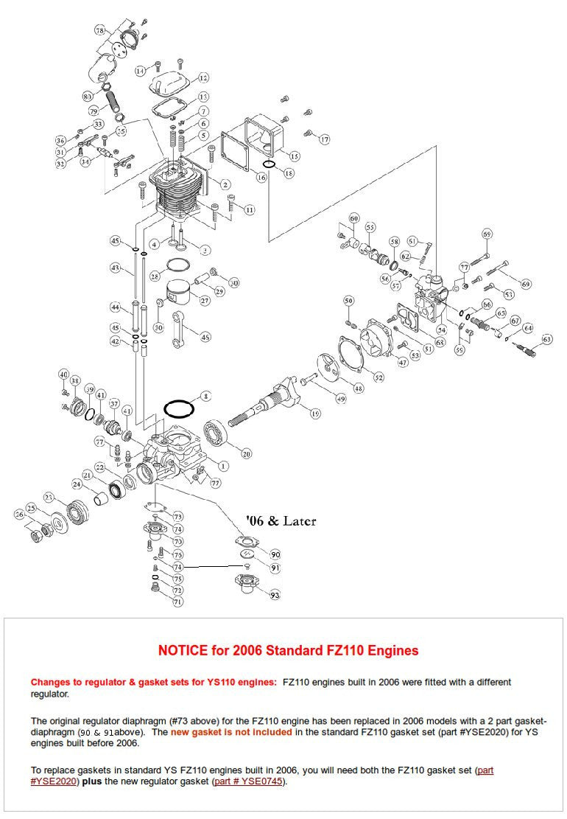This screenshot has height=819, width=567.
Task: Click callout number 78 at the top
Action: (x=100, y=30)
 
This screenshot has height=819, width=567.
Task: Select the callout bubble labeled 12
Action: (x=203, y=77)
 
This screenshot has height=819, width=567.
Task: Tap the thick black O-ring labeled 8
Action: (x=178, y=408)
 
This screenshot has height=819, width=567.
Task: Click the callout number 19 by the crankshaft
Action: (x=315, y=414)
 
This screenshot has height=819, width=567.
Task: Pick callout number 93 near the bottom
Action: (x=275, y=595)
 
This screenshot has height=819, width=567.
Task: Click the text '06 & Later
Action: (x=281, y=521)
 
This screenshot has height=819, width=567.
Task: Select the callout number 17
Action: (x=324, y=139)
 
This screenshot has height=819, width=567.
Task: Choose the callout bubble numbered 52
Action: (x=378, y=377)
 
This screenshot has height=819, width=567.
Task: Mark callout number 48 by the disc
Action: (x=359, y=388)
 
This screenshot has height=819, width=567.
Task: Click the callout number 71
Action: (x=177, y=602)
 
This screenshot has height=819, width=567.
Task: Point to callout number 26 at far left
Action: (x=20, y=514)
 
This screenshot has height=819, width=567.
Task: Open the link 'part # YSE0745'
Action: (x=250, y=781)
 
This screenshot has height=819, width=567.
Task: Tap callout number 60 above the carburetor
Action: (x=353, y=219)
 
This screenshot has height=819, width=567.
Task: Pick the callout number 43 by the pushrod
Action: (x=115, y=268)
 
